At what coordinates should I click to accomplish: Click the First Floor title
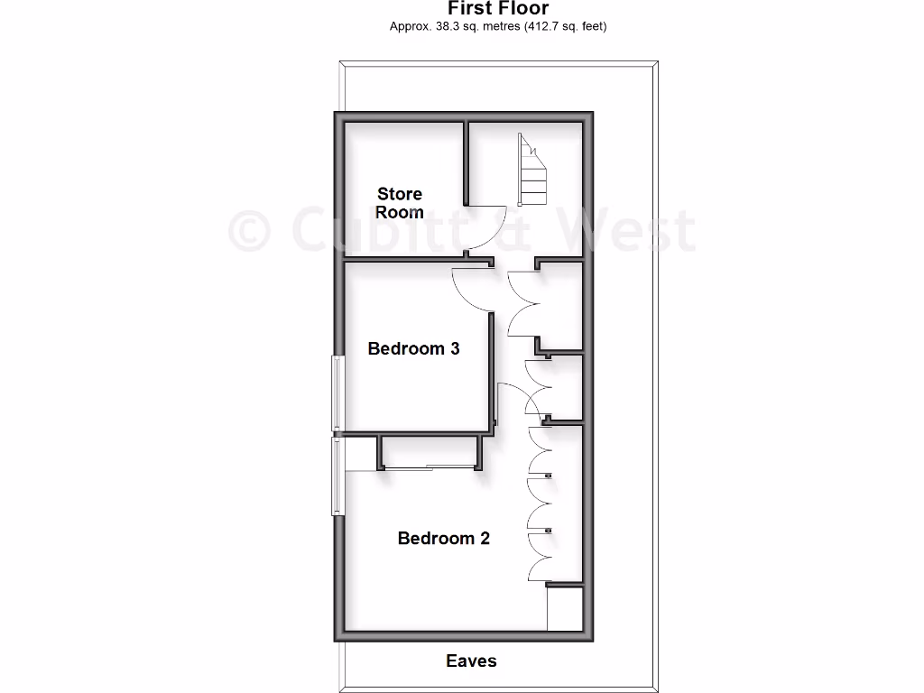[498, 9]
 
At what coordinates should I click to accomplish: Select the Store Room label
[400, 203]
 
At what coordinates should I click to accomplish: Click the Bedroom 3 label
[414, 348]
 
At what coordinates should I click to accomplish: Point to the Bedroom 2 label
[444, 539]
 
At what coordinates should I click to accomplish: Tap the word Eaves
[471, 661]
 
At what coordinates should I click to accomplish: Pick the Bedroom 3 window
[337, 393]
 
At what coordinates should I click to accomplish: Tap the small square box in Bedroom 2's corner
[565, 609]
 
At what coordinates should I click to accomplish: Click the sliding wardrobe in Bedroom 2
[428, 466]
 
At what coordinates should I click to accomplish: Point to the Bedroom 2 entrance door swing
[514, 397]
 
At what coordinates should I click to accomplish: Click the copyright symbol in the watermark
[249, 230]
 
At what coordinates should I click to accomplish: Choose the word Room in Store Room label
[400, 213]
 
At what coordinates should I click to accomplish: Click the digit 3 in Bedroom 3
[454, 348]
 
